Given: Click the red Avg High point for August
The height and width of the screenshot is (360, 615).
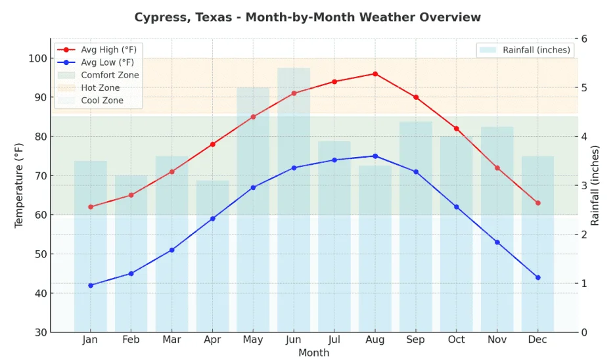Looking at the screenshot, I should point(375,74).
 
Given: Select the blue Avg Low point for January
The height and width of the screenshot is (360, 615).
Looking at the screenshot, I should point(91,285).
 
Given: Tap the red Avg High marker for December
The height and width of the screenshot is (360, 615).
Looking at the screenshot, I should point(537,203).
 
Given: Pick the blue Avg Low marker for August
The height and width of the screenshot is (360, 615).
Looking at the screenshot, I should point(375,156).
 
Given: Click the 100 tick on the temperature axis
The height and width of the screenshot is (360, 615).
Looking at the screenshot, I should point(37,58).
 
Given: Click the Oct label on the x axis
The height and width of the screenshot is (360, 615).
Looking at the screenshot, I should point(456,340).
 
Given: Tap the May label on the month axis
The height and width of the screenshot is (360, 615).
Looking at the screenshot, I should point(253,340).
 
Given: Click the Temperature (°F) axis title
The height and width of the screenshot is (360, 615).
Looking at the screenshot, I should point(19,185).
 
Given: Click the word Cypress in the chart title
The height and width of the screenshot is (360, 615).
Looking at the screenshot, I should point(162,17).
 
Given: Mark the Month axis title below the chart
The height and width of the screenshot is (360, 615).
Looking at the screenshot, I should point(313,353).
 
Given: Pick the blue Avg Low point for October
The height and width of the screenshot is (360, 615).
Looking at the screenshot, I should point(456,207).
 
